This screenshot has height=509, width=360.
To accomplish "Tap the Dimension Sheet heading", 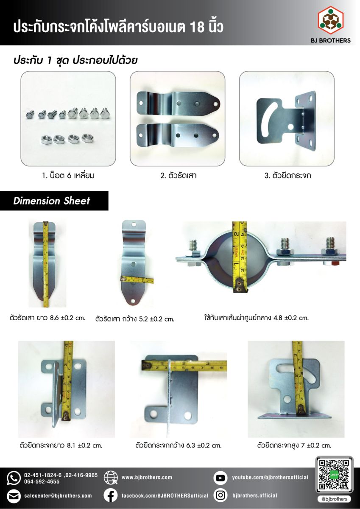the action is (52, 201).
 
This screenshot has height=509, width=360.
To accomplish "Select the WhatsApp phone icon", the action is (14, 478).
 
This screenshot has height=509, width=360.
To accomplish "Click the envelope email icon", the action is (14, 496).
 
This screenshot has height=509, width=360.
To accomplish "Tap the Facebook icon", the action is (111, 496).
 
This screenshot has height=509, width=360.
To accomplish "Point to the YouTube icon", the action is (220, 478).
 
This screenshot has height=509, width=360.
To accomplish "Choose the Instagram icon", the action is (220, 495).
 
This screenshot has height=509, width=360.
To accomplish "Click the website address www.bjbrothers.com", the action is (147, 478).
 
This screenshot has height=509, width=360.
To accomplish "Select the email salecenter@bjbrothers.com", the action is (58, 495).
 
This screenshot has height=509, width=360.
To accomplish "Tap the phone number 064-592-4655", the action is (42, 481).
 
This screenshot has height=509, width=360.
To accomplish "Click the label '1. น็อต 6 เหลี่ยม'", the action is (68, 176).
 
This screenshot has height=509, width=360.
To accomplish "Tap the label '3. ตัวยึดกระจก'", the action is (288, 176).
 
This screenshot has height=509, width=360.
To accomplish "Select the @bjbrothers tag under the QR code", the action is (334, 499).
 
